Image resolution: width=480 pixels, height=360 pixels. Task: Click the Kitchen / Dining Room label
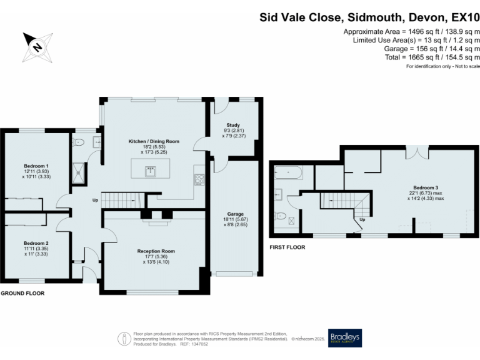tap(154, 141)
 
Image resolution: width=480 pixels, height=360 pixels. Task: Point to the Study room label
tap(233, 125)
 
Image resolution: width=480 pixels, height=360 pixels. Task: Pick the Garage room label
tap(235, 213)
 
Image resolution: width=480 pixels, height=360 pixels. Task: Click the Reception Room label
tap(156, 251)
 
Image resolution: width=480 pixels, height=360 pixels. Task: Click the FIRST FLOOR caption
tap(287, 247)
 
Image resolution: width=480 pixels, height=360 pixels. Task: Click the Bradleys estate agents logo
tap(345, 338)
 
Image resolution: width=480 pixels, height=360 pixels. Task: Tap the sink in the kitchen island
tap(151, 171)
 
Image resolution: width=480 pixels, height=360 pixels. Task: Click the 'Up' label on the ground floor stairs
tap(95, 201)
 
